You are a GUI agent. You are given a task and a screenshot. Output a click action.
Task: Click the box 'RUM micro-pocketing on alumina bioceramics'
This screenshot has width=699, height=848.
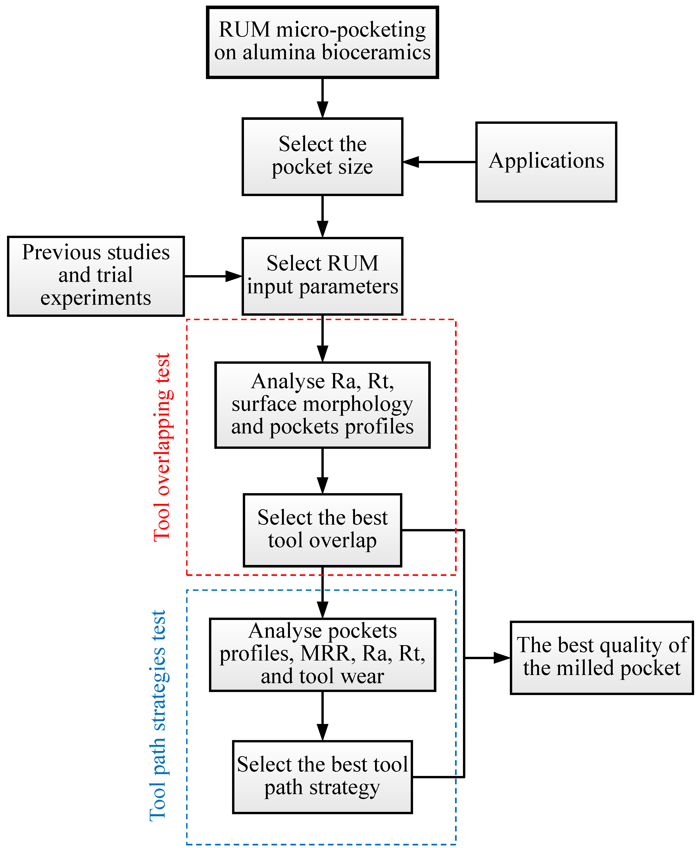coord(322,42)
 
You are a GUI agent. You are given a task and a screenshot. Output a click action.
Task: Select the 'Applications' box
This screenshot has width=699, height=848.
coord(546,162)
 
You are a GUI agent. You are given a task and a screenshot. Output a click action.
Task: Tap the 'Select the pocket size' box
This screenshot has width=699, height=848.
coord(322,156)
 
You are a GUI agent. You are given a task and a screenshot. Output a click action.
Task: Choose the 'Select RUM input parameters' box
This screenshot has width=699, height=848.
coord(322,276)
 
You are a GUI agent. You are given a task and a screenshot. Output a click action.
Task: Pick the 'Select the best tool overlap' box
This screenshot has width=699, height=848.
coord(322,530)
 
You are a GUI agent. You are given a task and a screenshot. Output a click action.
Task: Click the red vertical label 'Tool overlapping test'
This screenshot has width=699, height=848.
coord(163,447)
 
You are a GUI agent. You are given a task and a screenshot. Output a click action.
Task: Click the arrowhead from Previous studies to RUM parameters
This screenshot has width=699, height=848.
coord(233,276)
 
